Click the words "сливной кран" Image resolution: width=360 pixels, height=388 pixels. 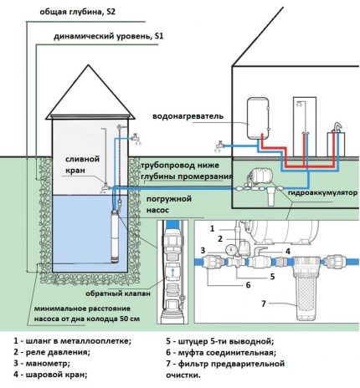82,163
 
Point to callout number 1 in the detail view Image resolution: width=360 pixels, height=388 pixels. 212,227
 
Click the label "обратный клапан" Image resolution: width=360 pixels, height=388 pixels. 118,294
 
